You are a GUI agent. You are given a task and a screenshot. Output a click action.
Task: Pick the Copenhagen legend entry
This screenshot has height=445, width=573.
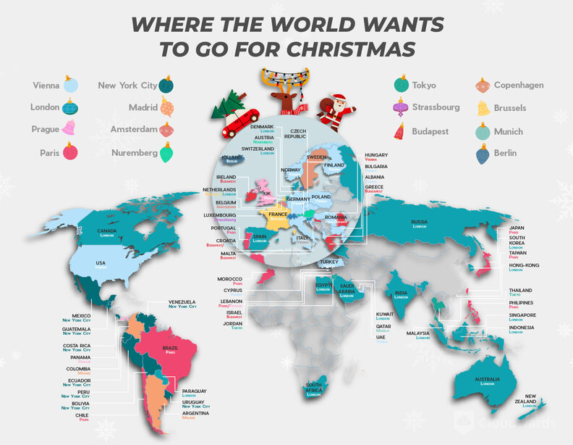tap(519, 85)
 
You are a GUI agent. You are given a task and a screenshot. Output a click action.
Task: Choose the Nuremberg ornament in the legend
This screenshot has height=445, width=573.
tap(166, 152)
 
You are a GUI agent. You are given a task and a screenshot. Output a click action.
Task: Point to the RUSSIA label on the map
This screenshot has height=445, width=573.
tap(420, 222)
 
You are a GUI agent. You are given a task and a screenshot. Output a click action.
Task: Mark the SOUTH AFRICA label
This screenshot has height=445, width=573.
tap(314, 388)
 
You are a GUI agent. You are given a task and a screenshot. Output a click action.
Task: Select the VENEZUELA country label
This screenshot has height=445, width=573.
tap(182, 301)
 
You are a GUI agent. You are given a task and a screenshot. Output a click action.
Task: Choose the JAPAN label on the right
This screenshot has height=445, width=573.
tap(517, 228)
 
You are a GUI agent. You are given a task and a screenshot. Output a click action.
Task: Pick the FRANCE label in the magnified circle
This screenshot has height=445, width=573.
tap(279, 215)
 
